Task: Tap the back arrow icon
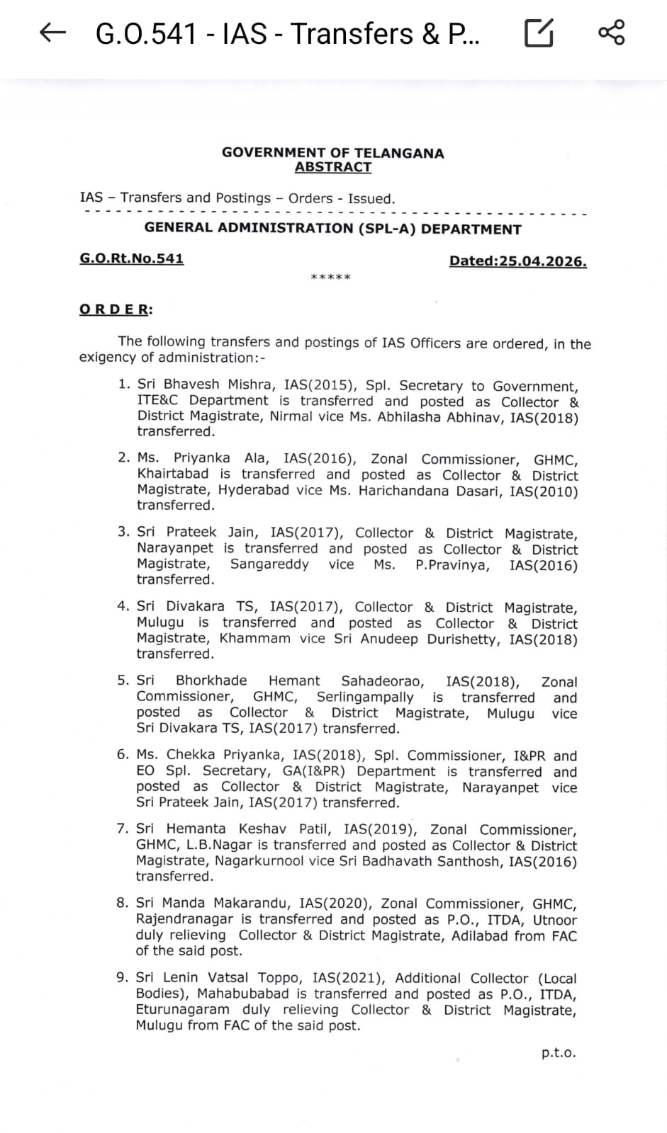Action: click(53, 33)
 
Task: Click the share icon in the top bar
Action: click(611, 33)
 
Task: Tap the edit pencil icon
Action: click(539, 33)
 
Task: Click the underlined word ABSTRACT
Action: click(333, 167)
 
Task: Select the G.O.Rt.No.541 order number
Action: click(131, 258)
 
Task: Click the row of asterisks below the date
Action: click(331, 278)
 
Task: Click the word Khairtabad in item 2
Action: click(173, 474)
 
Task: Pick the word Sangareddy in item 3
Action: click(269, 564)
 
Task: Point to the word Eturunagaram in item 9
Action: click(183, 1010)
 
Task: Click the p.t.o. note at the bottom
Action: click(559, 1053)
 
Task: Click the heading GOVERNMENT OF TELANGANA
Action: click(333, 153)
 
